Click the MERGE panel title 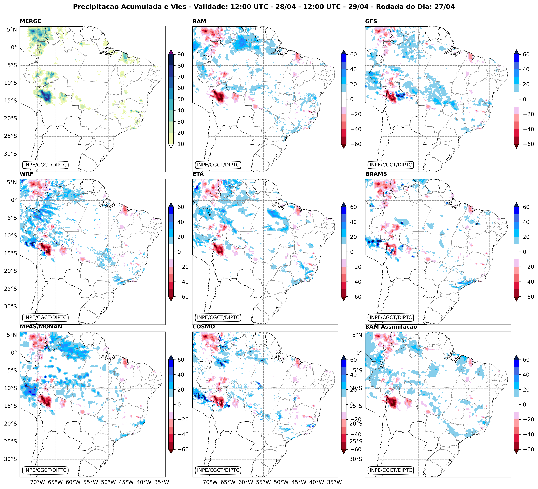tap(30, 21)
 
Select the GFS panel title tap(371, 21)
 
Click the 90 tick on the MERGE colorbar tap(181, 54)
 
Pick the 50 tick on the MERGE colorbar tap(181, 99)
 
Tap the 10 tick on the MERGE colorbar tap(181, 144)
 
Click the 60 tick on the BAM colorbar tap(353, 54)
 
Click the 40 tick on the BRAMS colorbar tap(526, 222)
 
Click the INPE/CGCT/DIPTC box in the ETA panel tap(218, 318)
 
